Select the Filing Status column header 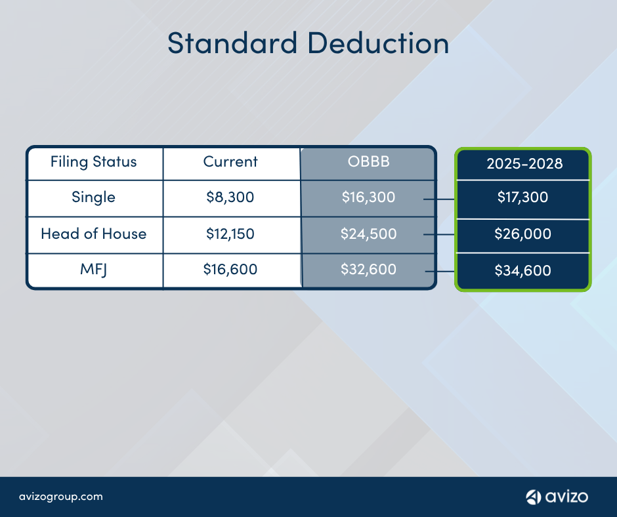click(x=94, y=162)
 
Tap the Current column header click(x=230, y=162)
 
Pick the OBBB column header click(x=368, y=161)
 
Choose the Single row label click(x=94, y=197)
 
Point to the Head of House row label click(x=94, y=234)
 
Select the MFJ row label click(x=94, y=269)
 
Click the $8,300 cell click(x=230, y=197)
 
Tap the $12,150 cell click(x=230, y=234)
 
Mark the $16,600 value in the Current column click(x=230, y=269)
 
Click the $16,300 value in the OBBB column click(x=368, y=197)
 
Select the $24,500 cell click(x=368, y=234)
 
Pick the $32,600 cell click(x=368, y=269)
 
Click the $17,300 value click(x=522, y=197)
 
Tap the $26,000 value click(x=522, y=234)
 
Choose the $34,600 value click(x=522, y=270)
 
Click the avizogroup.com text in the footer click(x=61, y=497)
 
